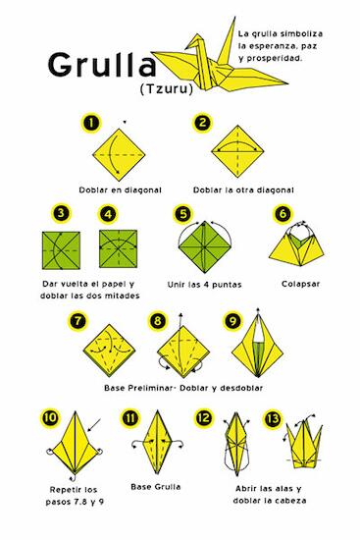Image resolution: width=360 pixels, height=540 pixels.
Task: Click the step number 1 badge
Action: coord(91,123)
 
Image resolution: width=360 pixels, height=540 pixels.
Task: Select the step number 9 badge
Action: coord(232,321)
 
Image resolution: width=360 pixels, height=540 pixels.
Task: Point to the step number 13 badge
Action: coord(273,418)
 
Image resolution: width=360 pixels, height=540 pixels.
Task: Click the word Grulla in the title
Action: coord(102,65)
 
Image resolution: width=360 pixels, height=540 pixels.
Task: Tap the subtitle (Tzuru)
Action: coord(166,89)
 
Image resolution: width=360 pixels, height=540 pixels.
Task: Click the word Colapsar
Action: coord(300,284)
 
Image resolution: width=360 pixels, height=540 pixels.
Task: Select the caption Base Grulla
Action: coord(156,487)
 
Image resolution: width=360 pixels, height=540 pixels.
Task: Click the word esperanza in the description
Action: coord(270,46)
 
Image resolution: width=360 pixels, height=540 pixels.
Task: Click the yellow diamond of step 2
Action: coord(237,151)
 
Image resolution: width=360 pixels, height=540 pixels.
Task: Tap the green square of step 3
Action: coord(61,250)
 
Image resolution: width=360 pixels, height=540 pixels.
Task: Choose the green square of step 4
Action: coord(118,248)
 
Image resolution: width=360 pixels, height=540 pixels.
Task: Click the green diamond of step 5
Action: coord(204,246)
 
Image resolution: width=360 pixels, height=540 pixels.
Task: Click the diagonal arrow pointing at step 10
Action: coord(94,424)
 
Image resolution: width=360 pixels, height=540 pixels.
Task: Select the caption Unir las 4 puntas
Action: coord(204,285)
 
